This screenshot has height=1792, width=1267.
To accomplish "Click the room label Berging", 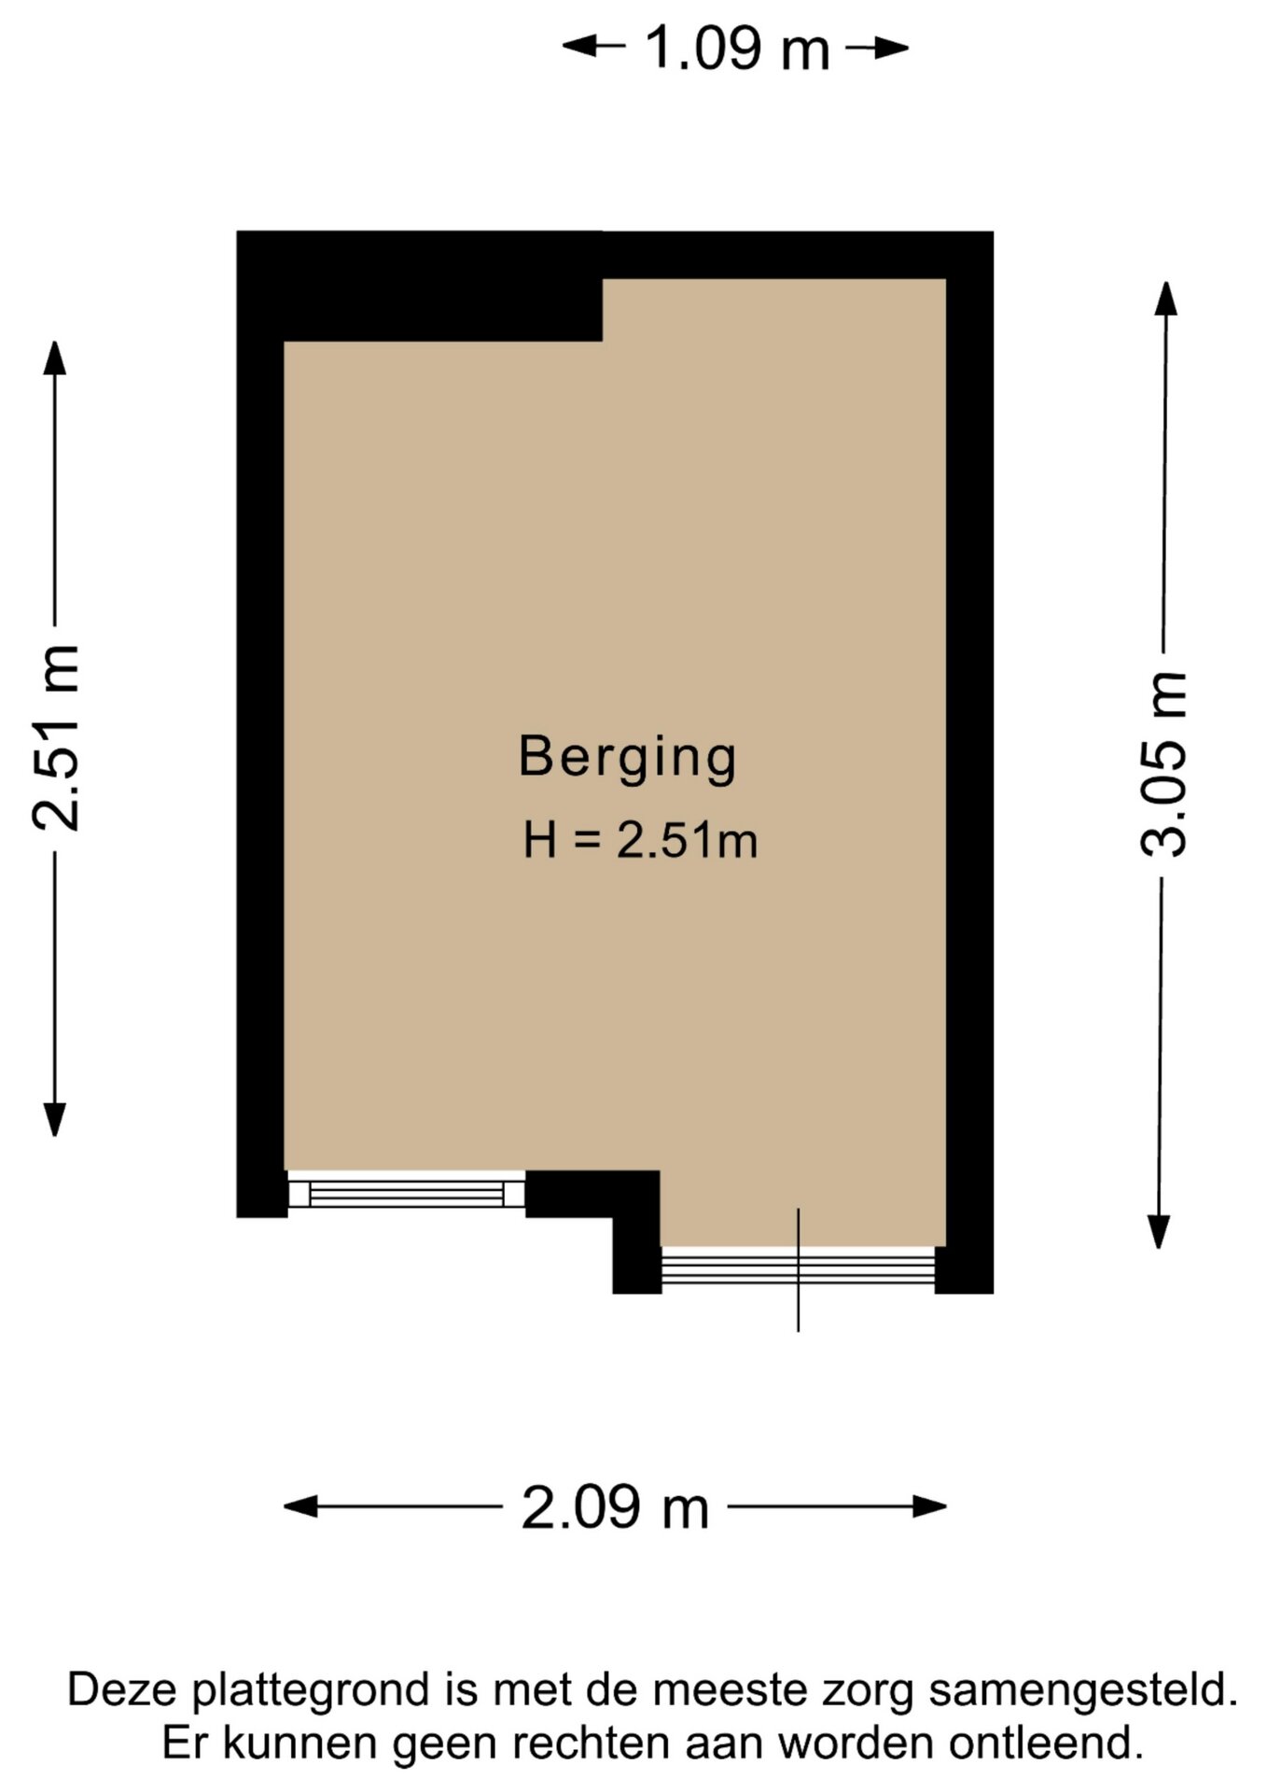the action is (x=628, y=759).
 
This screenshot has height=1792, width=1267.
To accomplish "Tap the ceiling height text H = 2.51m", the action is (x=640, y=841).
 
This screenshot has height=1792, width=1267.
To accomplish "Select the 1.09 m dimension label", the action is (x=737, y=49).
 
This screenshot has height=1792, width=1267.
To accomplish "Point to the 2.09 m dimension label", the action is (x=615, y=1507).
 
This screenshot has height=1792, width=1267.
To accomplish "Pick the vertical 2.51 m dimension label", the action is (x=56, y=737).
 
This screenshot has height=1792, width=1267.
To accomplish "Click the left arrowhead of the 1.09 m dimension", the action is (x=578, y=45).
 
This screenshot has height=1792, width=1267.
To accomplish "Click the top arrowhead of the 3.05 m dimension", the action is (x=1165, y=298).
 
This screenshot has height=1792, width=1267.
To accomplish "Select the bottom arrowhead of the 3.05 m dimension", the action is (x=1159, y=1231).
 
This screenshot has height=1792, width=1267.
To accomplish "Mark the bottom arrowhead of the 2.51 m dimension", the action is (x=55, y=1119).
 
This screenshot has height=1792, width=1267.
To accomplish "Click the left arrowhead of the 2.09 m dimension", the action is (x=300, y=1505).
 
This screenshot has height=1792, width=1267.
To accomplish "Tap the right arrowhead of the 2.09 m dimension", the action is (x=930, y=1505).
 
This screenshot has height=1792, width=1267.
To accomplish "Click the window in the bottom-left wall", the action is (x=406, y=1193).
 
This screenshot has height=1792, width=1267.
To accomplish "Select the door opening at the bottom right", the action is (x=798, y=1269).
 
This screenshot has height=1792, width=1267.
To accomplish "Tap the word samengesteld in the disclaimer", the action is (x=1083, y=1690).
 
